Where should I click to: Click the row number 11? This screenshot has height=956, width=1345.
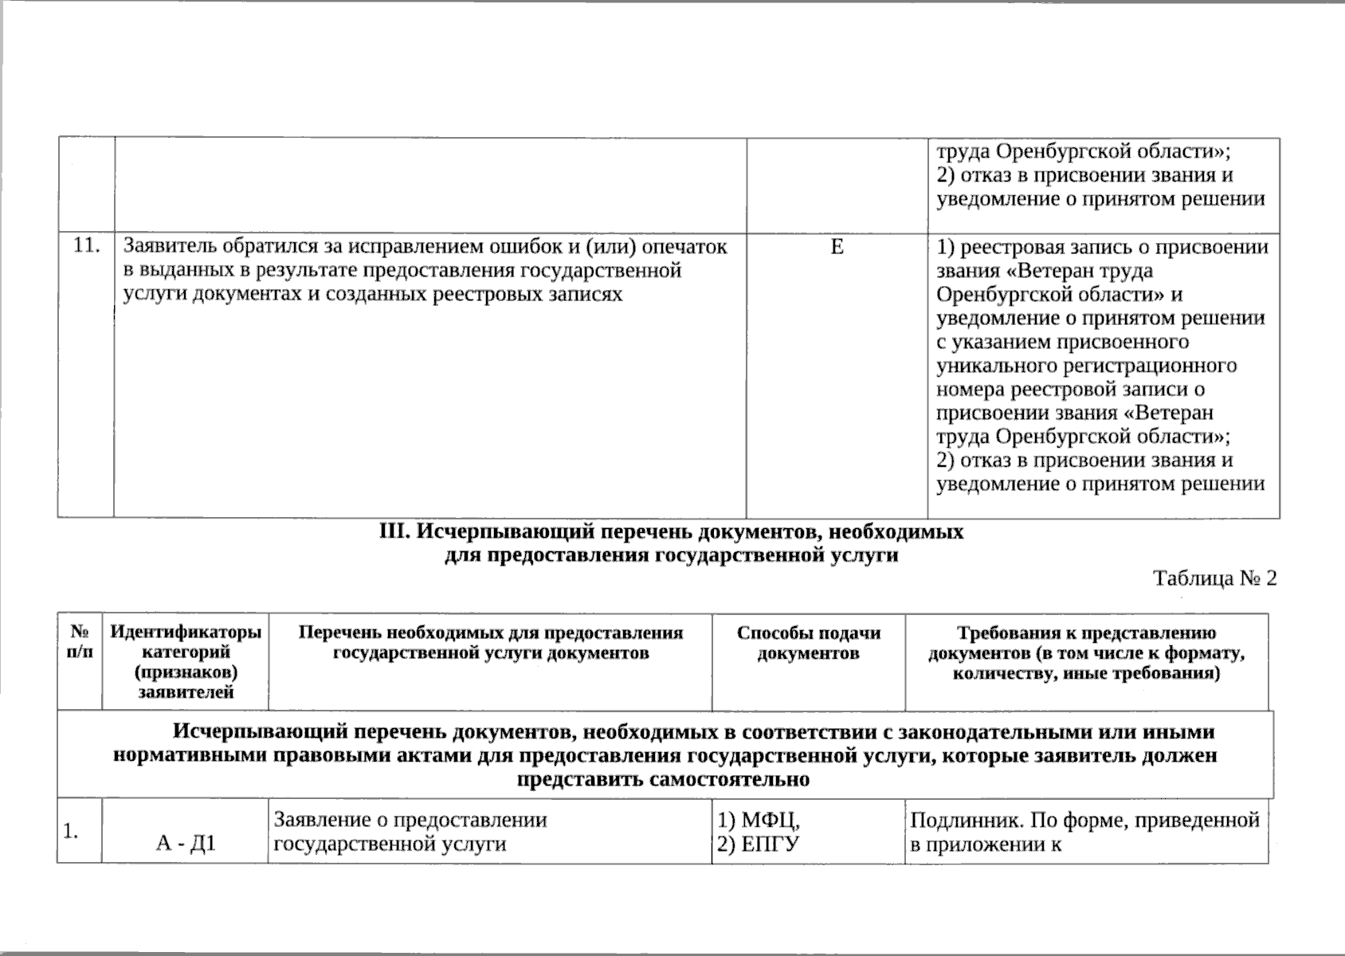pyautogui.click(x=86, y=246)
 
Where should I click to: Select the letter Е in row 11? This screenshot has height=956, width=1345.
pyautogui.click(x=837, y=247)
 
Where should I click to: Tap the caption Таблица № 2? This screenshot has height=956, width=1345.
pyautogui.click(x=1215, y=578)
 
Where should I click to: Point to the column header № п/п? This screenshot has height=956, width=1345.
pyautogui.click(x=80, y=643)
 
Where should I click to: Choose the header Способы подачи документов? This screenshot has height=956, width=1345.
pyautogui.click(x=809, y=644)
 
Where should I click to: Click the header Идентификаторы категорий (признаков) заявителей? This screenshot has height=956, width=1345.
pyautogui.click(x=186, y=662)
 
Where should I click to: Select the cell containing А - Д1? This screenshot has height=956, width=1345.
pyautogui.click(x=186, y=844)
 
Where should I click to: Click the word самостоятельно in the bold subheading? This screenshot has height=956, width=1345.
pyautogui.click(x=664, y=779)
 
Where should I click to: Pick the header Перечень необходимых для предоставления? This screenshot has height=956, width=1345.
pyautogui.click(x=491, y=633)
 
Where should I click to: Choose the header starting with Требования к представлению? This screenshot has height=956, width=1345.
pyautogui.click(x=1087, y=633)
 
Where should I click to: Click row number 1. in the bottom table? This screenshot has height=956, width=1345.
pyautogui.click(x=71, y=832)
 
